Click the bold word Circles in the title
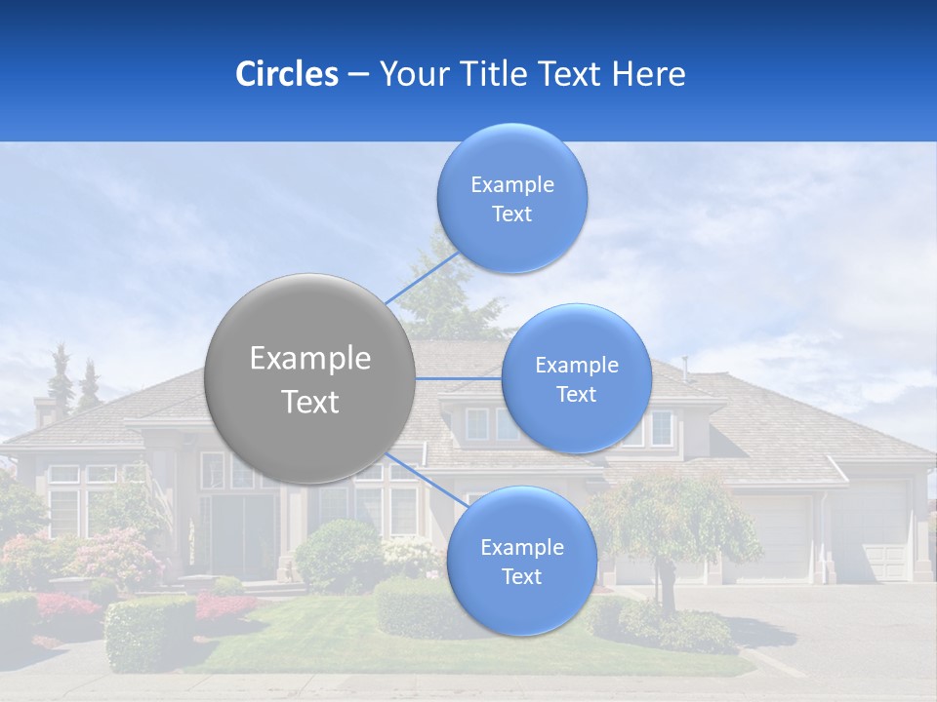[x=286, y=74]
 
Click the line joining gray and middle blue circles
[x=459, y=378]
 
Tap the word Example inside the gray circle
[x=309, y=359]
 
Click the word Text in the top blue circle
[x=511, y=214]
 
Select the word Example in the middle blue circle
[x=576, y=366]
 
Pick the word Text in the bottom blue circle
[x=521, y=576]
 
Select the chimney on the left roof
[x=45, y=409]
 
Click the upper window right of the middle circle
[x=663, y=427]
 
